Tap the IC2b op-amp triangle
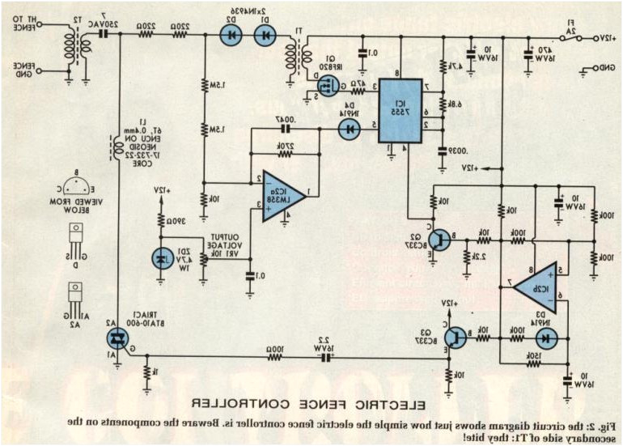(537, 285)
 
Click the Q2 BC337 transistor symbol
(439, 239)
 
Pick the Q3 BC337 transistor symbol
(457, 336)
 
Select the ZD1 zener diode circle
(159, 258)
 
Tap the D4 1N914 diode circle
(349, 127)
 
